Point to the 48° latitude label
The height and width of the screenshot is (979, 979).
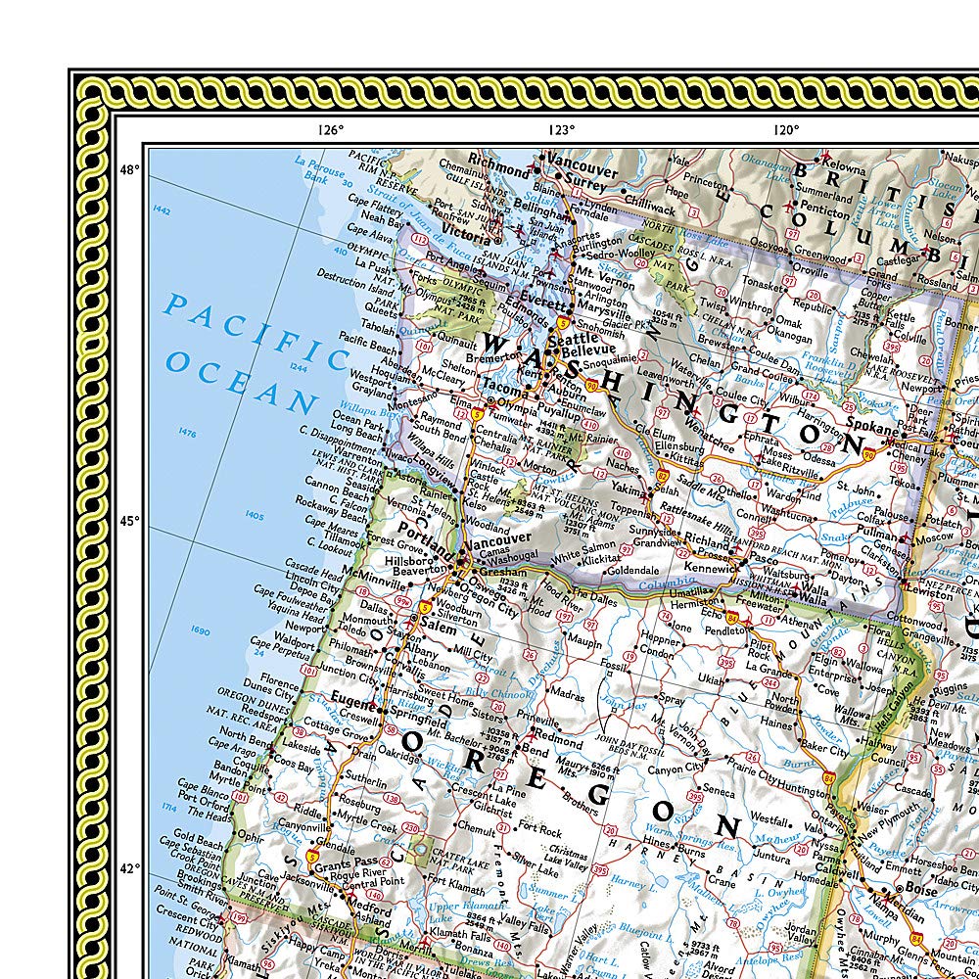tap(129, 169)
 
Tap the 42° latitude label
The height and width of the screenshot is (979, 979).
tap(129, 867)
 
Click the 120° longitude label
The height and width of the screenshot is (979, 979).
tap(783, 129)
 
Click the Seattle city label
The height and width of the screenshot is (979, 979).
tap(572, 338)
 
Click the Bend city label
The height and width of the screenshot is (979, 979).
tap(535, 749)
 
